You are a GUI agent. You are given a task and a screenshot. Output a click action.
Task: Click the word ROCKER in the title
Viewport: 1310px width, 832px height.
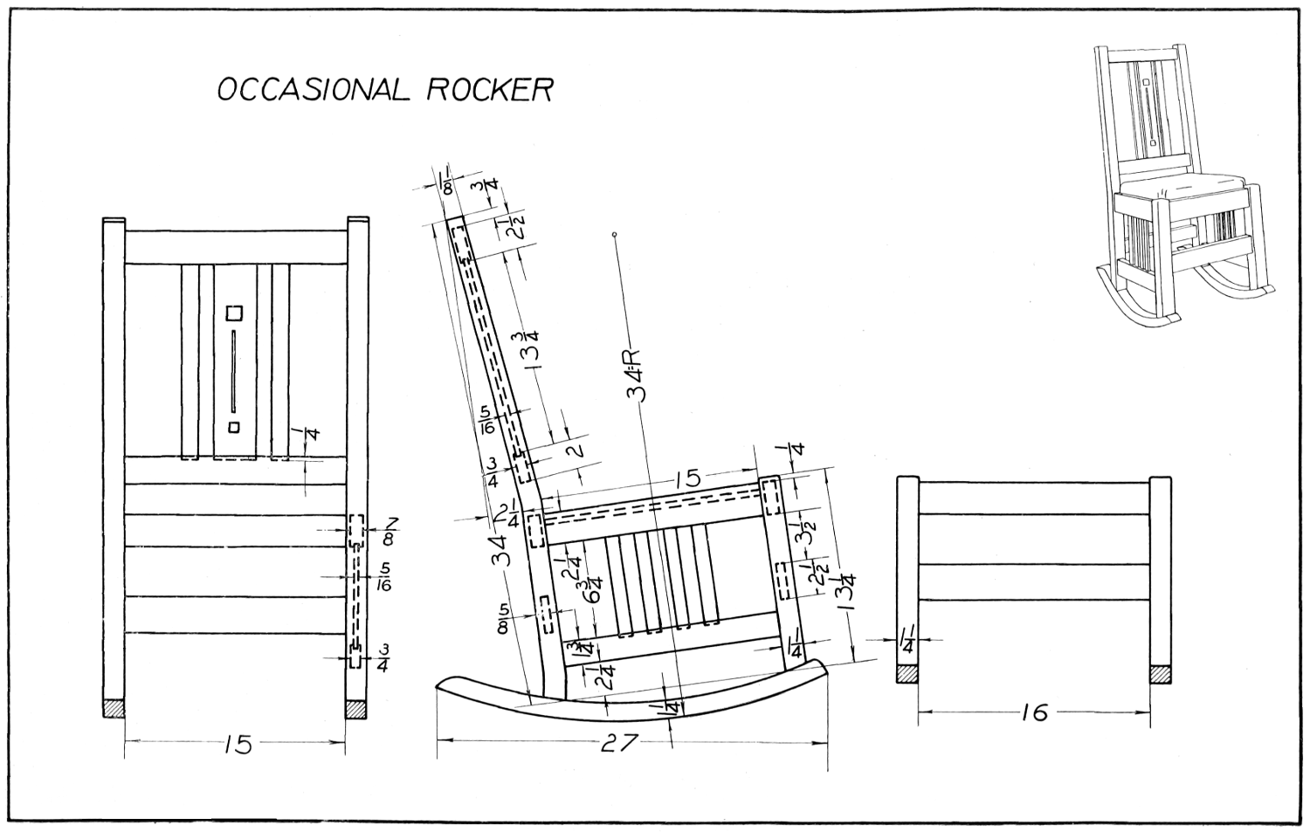489,89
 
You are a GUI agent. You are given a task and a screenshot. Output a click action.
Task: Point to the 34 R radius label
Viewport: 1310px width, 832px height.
636,375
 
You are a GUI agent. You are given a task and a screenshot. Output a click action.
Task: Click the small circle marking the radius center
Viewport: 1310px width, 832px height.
616,235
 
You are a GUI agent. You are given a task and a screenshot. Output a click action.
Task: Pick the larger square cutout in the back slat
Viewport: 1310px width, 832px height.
233,312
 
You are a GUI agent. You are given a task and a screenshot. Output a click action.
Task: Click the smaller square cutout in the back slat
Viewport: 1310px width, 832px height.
233,426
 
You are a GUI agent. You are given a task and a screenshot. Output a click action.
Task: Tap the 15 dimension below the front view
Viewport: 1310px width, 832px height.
237,744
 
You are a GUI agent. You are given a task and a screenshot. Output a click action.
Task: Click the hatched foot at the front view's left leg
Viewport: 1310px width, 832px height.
114,708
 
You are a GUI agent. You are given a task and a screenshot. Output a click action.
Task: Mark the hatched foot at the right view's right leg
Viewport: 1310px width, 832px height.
1160,674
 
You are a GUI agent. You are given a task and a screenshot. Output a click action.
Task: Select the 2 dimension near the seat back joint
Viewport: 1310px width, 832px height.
574,450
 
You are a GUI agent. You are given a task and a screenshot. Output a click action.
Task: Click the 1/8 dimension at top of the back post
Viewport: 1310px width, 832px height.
446,184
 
